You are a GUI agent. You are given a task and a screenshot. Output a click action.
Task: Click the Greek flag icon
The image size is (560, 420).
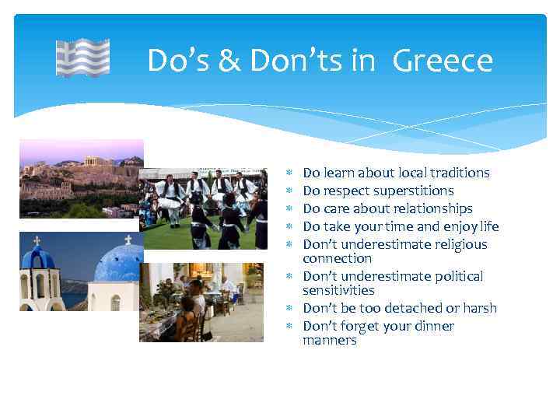tap(82, 58)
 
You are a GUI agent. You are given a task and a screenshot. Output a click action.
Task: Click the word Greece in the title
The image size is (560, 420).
tap(443, 61)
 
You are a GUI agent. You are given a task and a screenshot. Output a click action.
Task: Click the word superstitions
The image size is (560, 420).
tap(413, 191)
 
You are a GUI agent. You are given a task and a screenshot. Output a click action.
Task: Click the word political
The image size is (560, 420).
tap(457, 276)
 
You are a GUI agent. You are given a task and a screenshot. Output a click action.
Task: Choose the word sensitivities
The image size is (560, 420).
tap(338, 290)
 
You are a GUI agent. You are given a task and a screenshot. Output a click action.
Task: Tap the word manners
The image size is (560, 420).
tap(330, 340)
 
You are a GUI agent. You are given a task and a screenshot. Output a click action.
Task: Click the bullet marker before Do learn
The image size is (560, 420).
tap(289, 173)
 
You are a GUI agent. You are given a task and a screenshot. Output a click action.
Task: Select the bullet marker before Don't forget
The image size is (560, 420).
tap(289, 326)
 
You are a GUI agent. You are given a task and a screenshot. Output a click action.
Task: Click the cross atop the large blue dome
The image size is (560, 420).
tap(128, 239)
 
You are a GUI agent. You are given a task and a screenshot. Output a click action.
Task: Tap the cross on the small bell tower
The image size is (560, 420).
tap(37, 240)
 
